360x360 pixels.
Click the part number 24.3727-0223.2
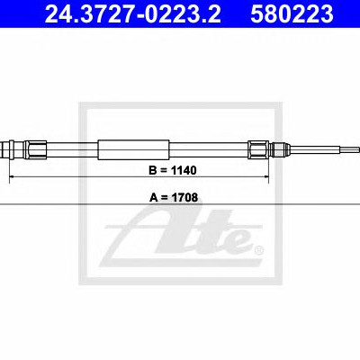[133, 14]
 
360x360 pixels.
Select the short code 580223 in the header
[292, 14]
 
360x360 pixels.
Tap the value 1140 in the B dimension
[184, 170]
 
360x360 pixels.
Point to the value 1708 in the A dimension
[184, 198]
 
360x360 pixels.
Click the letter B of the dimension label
[153, 170]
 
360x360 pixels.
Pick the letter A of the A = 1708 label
[153, 198]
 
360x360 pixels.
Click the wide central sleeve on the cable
[133, 149]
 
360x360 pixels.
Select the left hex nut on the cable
[35, 149]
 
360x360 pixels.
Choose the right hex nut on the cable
[258, 149]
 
